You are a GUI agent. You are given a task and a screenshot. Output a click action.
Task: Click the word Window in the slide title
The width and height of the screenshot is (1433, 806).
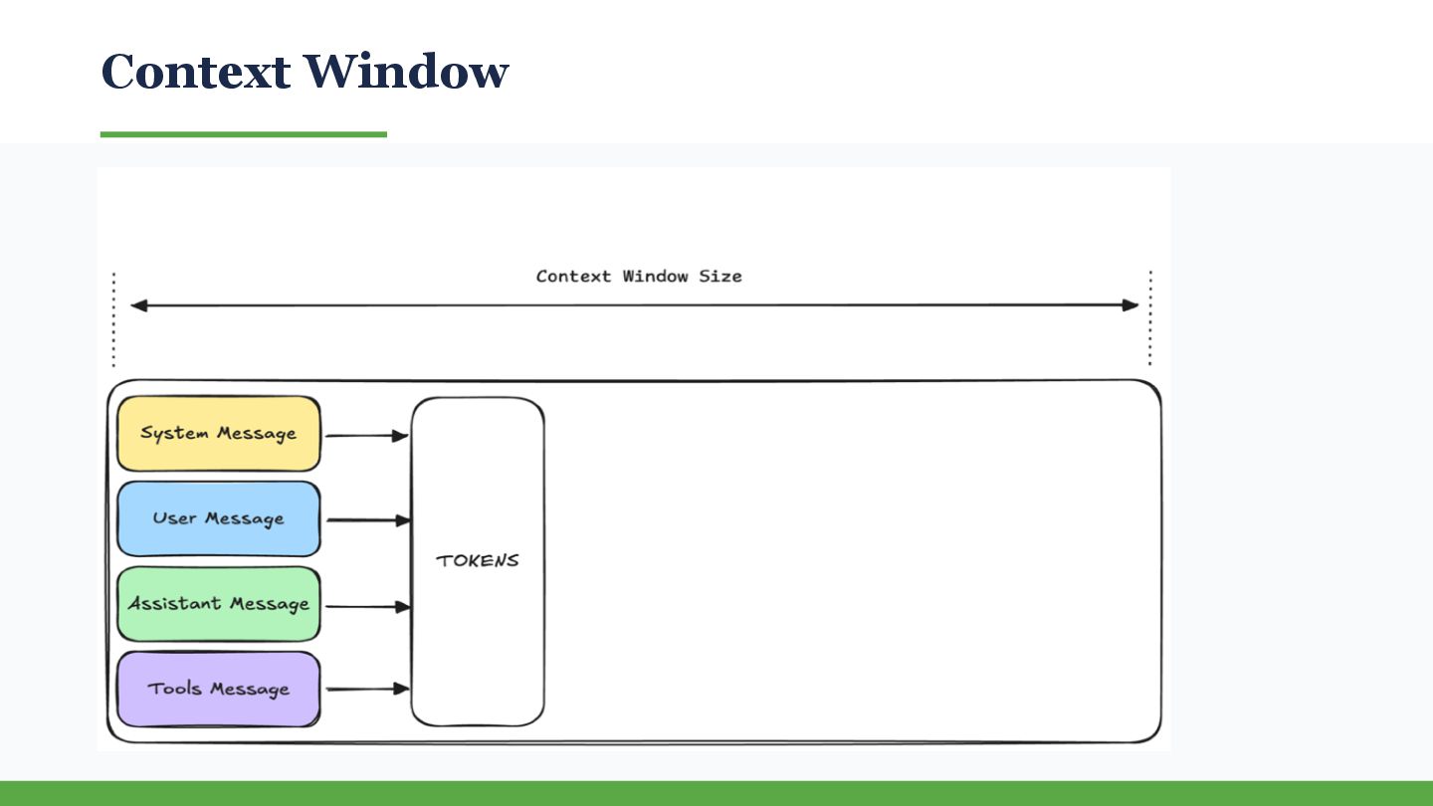click(405, 72)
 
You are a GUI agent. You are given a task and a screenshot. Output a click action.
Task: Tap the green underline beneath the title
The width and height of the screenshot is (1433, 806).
click(243, 134)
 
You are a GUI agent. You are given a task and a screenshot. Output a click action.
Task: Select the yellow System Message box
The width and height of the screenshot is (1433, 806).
click(219, 434)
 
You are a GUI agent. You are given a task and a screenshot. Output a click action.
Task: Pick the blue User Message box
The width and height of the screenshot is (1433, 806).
click(219, 518)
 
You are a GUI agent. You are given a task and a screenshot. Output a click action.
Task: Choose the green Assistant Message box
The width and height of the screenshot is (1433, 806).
click(219, 604)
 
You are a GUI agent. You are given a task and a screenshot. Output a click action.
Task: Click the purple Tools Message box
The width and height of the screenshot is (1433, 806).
click(219, 689)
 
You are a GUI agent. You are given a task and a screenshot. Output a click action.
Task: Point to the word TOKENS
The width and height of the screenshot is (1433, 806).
click(478, 560)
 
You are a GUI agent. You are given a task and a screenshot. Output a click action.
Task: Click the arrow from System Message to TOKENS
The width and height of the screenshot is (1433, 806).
click(366, 435)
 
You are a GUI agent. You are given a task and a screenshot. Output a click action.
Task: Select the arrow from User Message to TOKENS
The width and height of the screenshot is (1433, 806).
click(366, 519)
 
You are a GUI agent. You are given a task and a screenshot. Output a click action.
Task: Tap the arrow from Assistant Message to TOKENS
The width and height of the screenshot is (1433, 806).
click(366, 606)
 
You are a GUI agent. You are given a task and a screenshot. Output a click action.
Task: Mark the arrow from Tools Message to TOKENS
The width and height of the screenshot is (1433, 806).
click(366, 689)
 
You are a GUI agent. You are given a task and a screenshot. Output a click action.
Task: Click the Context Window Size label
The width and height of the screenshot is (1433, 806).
click(639, 276)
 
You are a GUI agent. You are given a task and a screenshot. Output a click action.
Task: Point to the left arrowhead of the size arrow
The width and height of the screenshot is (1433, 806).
click(138, 305)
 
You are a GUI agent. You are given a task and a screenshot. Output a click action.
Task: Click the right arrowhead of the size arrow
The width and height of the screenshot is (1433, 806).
click(1130, 305)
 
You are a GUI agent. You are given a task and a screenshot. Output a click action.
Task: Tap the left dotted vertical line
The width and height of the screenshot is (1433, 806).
click(113, 318)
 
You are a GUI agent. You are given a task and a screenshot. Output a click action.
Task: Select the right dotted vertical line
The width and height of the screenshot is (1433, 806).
click(1150, 318)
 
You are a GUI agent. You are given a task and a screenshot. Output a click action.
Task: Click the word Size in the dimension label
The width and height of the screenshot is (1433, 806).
click(719, 276)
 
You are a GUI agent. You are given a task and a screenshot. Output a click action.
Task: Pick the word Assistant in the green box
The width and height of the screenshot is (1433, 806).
click(174, 604)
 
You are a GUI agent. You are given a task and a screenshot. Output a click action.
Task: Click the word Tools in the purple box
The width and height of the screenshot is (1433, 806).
click(174, 689)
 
